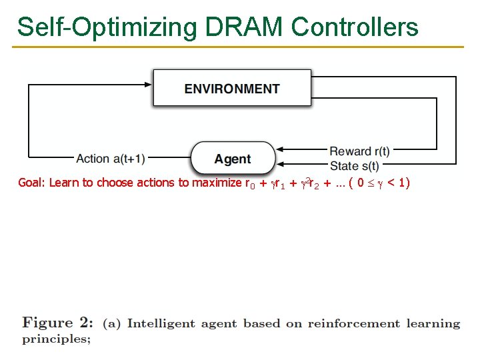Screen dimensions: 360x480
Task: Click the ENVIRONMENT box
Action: point(232,89)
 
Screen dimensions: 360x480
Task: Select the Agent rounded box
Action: point(233,159)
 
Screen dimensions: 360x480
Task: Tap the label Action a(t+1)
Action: point(111,159)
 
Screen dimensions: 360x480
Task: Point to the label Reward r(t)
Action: point(360,151)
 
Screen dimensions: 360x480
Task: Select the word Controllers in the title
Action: point(355,27)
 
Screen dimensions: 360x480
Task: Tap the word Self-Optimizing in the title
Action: point(107,27)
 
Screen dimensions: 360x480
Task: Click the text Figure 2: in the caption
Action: point(59,323)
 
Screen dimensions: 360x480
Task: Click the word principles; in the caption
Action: point(57,339)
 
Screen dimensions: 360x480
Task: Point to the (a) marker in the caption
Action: point(111,324)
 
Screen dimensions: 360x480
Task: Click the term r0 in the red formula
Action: point(251,183)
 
